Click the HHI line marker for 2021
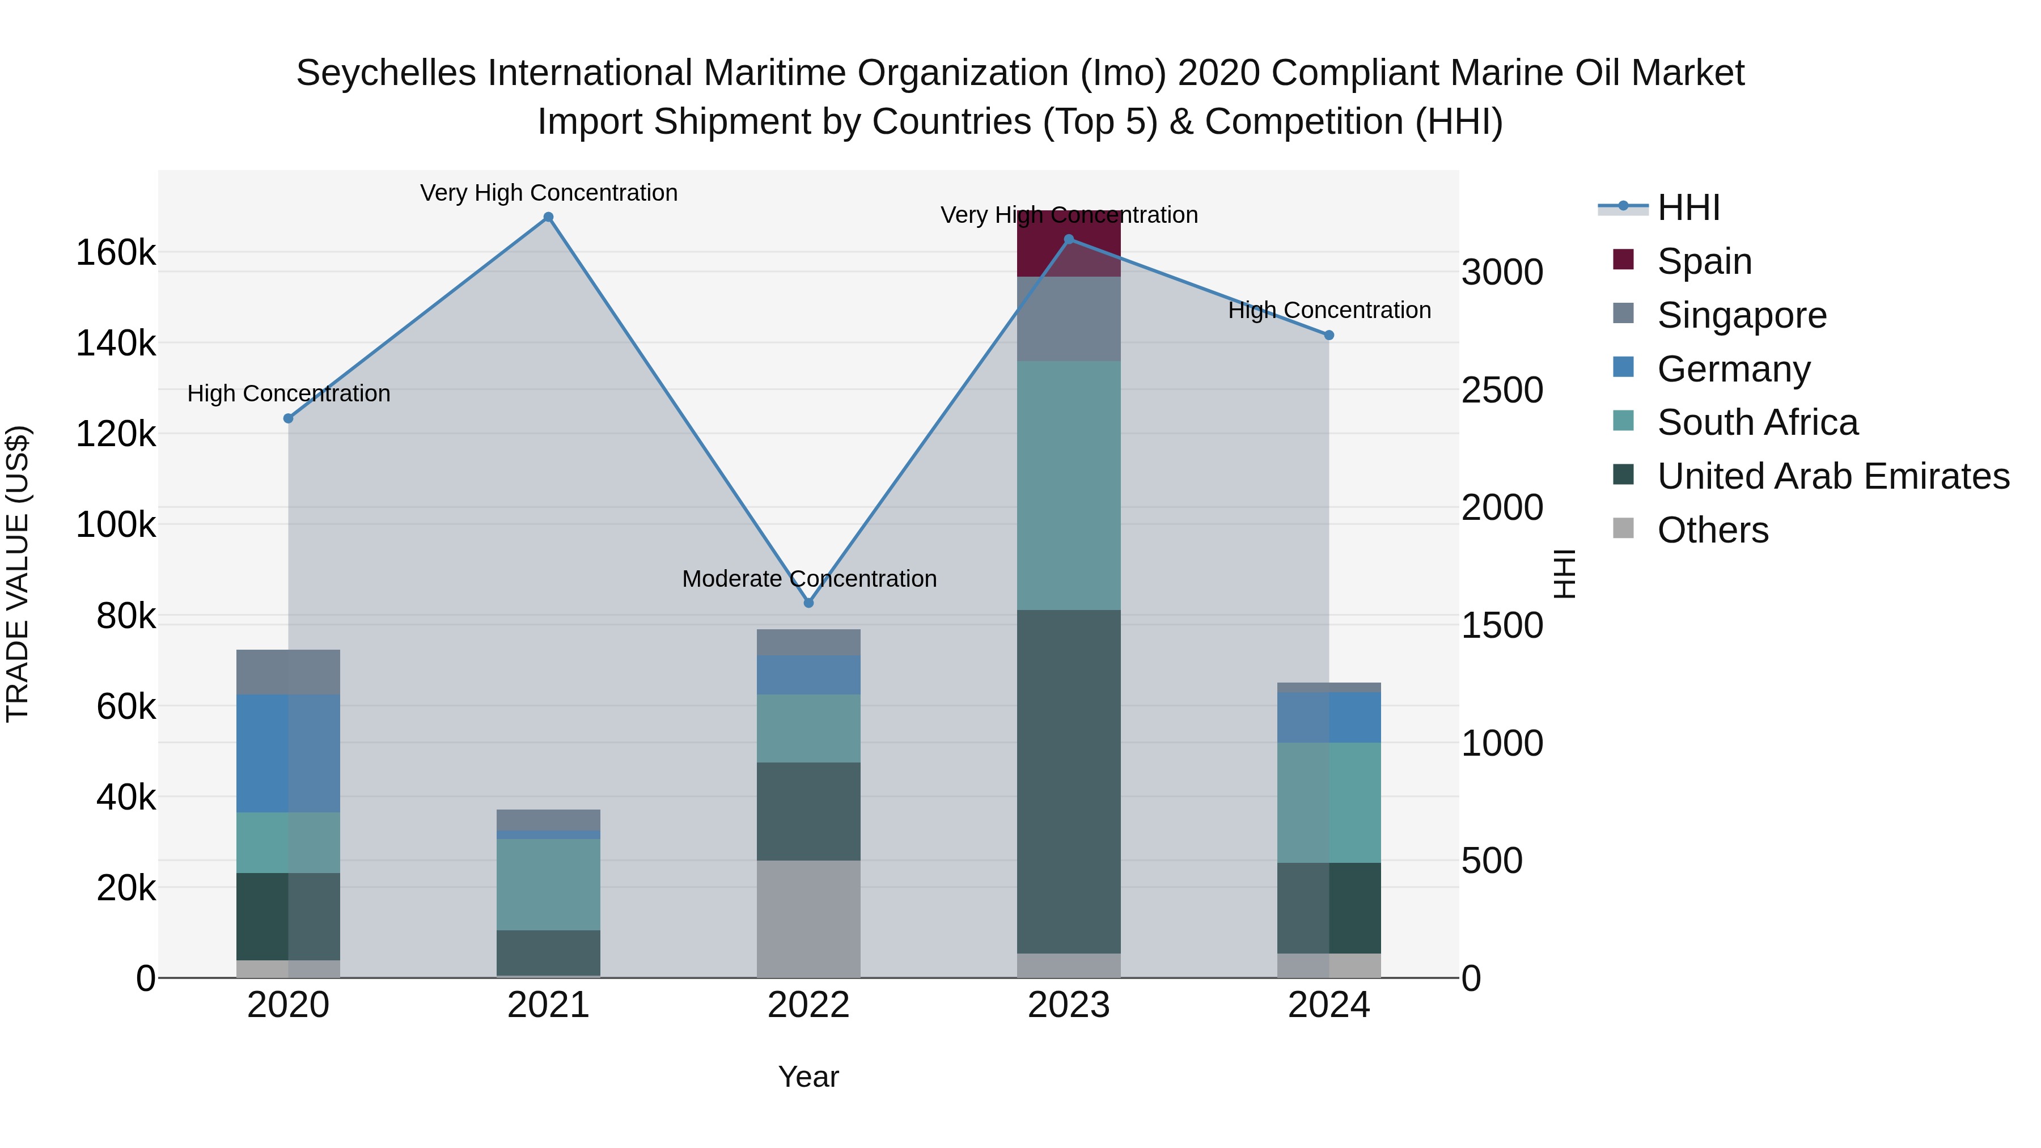[x=548, y=217]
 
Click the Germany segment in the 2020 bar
[x=289, y=753]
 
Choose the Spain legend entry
[x=1704, y=261]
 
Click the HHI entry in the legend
[x=1688, y=207]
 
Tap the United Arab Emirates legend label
[x=1832, y=476]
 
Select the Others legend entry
[x=1712, y=530]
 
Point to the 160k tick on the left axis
[x=116, y=253]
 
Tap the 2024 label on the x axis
[x=1329, y=1005]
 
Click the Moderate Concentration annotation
[x=809, y=579]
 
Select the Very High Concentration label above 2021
[x=548, y=193]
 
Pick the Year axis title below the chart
[x=808, y=1077]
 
